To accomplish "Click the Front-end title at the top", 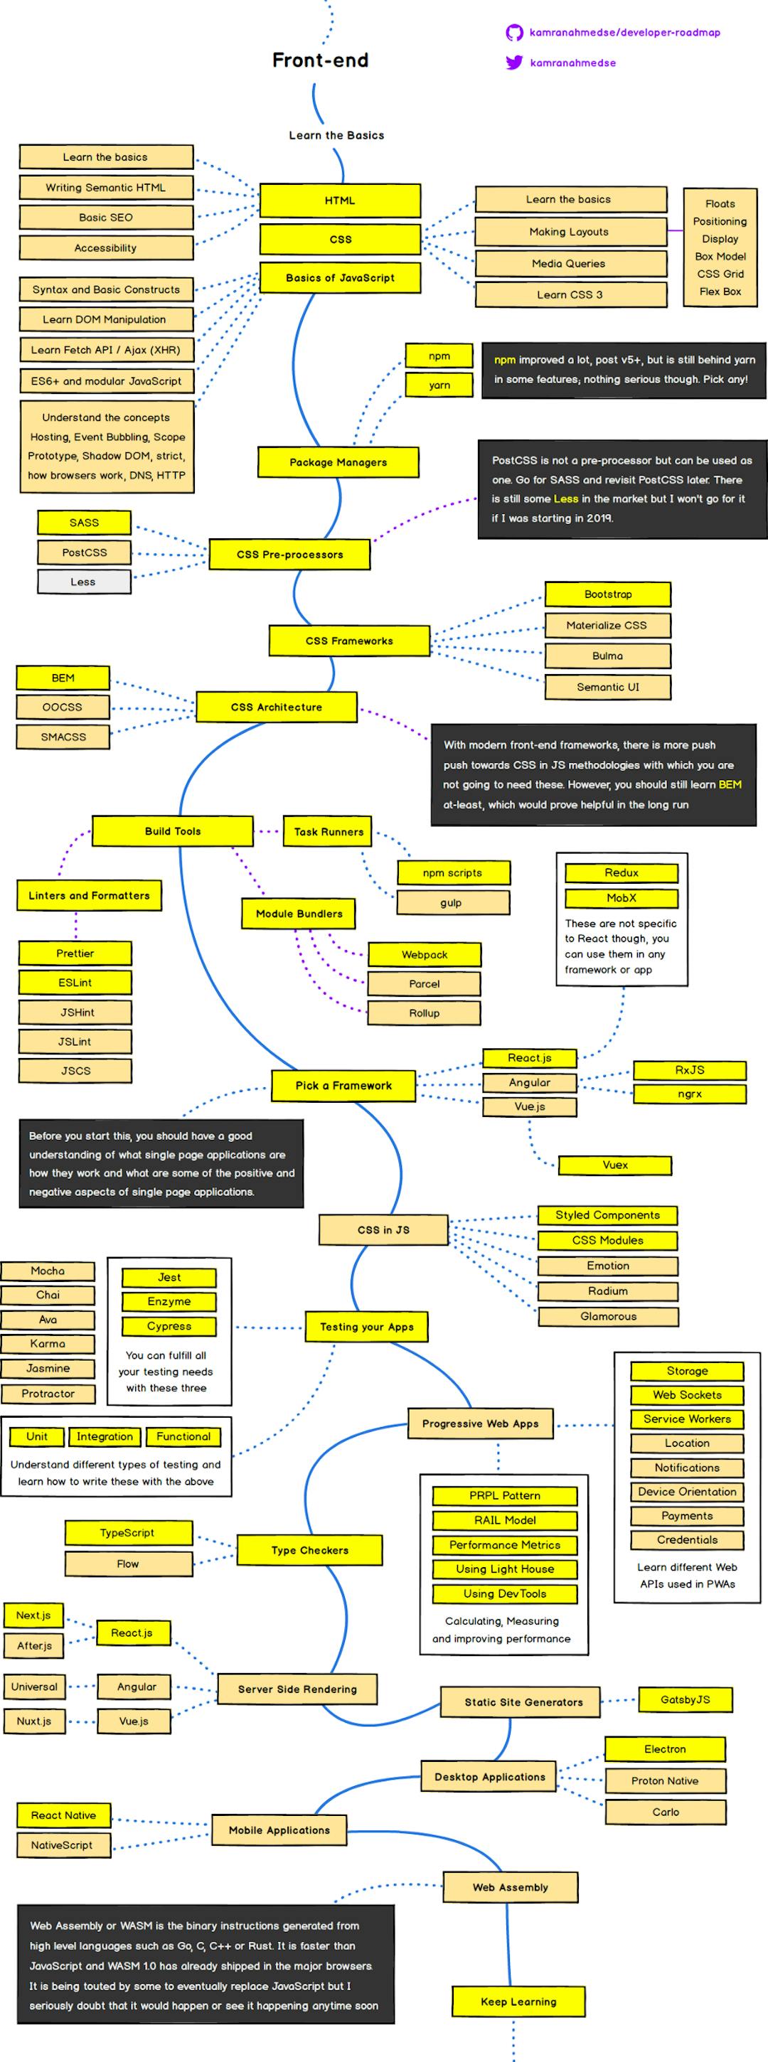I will tap(320, 60).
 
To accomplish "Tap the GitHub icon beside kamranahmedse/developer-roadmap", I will tap(513, 33).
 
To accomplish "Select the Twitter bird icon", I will tap(513, 63).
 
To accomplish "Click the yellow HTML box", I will tap(339, 200).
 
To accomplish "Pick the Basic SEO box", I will tap(106, 217).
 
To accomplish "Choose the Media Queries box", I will tap(570, 263).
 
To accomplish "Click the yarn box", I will tap(439, 385).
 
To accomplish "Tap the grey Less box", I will tap(83, 582).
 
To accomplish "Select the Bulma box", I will tap(608, 656).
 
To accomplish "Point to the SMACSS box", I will tap(63, 737).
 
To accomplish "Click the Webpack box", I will tap(425, 954).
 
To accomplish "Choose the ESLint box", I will tap(75, 982).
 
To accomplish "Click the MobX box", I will tap(622, 897).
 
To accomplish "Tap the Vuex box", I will tap(615, 1165).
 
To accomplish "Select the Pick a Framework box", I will tap(343, 1086).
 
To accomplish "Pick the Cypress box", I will tap(169, 1326).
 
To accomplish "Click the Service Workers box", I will tap(687, 1419).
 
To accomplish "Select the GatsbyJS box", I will tap(686, 1699).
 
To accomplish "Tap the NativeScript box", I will tap(63, 1845).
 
